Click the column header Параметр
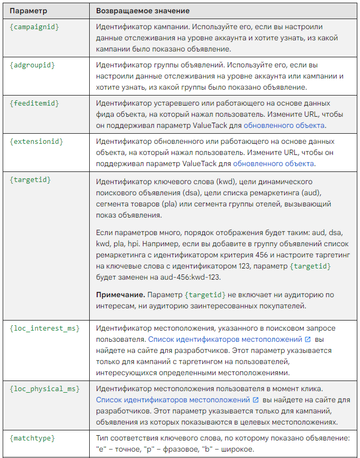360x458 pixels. (28, 11)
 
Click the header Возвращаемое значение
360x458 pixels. (143, 11)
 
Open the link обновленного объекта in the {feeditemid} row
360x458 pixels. (284, 125)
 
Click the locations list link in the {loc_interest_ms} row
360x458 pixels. (225, 339)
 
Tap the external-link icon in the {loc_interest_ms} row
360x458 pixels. (308, 339)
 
